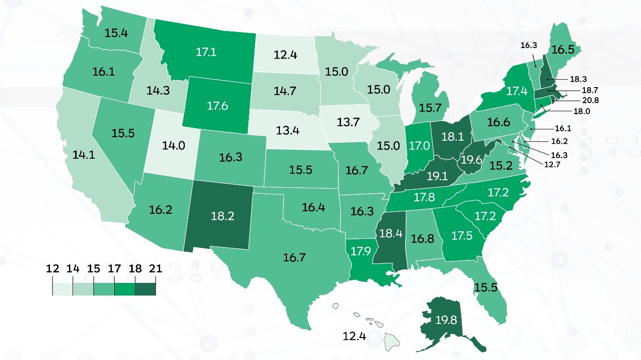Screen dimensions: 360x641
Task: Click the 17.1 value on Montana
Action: coord(206,52)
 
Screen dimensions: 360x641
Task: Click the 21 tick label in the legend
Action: coord(156,268)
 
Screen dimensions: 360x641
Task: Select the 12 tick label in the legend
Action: coord(53,268)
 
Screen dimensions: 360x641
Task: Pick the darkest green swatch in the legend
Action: coord(145,288)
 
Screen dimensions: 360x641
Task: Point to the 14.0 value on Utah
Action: coord(174,146)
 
